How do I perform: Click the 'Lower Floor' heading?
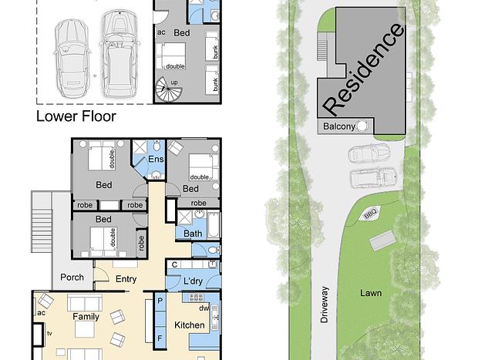pyautogui.click(x=76, y=116)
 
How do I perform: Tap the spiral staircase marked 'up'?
pyautogui.click(x=169, y=89)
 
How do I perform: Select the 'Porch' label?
pyautogui.click(x=72, y=278)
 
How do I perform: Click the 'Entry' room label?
pyautogui.click(x=126, y=279)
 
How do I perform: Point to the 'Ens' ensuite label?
pyautogui.click(x=156, y=159)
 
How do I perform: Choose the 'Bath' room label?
pyautogui.click(x=193, y=234)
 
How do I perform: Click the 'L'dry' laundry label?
pyautogui.click(x=194, y=281)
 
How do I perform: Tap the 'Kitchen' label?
pyautogui.click(x=190, y=325)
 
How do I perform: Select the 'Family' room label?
pyautogui.click(x=86, y=317)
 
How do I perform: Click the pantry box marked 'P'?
pyautogui.click(x=160, y=301)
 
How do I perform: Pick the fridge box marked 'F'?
pyautogui.click(x=160, y=338)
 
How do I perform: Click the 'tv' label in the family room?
pyautogui.click(x=49, y=334)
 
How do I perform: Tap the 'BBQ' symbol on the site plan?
pyautogui.click(x=370, y=214)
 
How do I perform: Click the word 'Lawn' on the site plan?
pyautogui.click(x=371, y=293)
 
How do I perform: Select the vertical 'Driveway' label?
pyautogui.click(x=325, y=304)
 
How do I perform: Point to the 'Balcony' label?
pyautogui.click(x=339, y=126)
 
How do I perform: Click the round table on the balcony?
pyautogui.click(x=362, y=126)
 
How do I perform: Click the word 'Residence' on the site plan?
pyautogui.click(x=364, y=69)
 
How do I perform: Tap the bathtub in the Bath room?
pyautogui.click(x=214, y=226)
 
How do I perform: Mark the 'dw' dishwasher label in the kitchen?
pyautogui.click(x=204, y=308)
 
